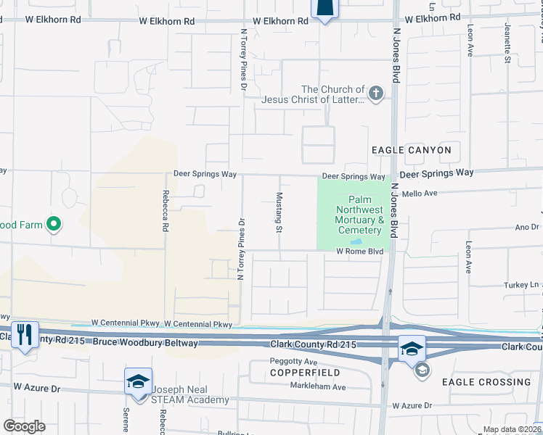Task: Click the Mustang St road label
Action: [278, 212]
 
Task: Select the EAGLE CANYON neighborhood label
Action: [411, 150]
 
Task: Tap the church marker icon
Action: [375, 93]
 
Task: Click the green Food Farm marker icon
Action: [53, 225]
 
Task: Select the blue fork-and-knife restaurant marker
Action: [26, 335]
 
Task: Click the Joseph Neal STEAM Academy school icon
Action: [138, 382]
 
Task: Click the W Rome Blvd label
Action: [359, 252]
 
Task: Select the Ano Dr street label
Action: [526, 227]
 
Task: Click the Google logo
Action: [24, 426]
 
